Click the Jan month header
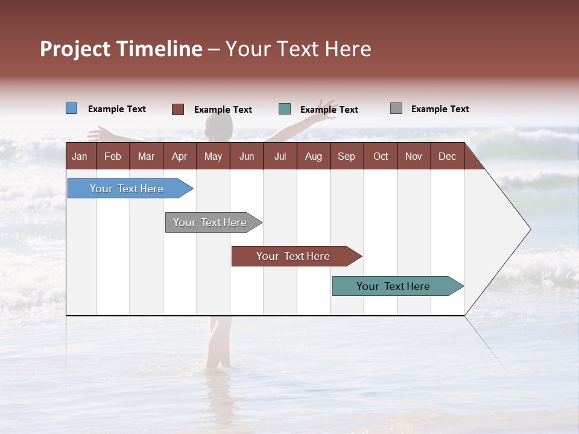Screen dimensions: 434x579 point(80,156)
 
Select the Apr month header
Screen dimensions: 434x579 point(179,156)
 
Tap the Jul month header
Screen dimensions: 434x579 point(280,156)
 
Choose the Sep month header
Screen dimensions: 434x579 point(346,156)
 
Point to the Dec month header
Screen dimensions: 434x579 point(447,156)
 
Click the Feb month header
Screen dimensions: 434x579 point(113,156)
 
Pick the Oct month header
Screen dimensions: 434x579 point(381,156)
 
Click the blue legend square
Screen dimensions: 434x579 point(72,108)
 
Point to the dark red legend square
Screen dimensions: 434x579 point(178,109)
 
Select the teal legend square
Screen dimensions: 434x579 point(285,109)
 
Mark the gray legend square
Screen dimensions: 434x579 point(396,108)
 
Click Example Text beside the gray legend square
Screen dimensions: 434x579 point(440,109)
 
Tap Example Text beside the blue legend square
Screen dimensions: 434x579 point(117,109)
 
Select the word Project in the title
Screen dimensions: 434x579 point(75,49)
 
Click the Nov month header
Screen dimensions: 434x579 point(414,156)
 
